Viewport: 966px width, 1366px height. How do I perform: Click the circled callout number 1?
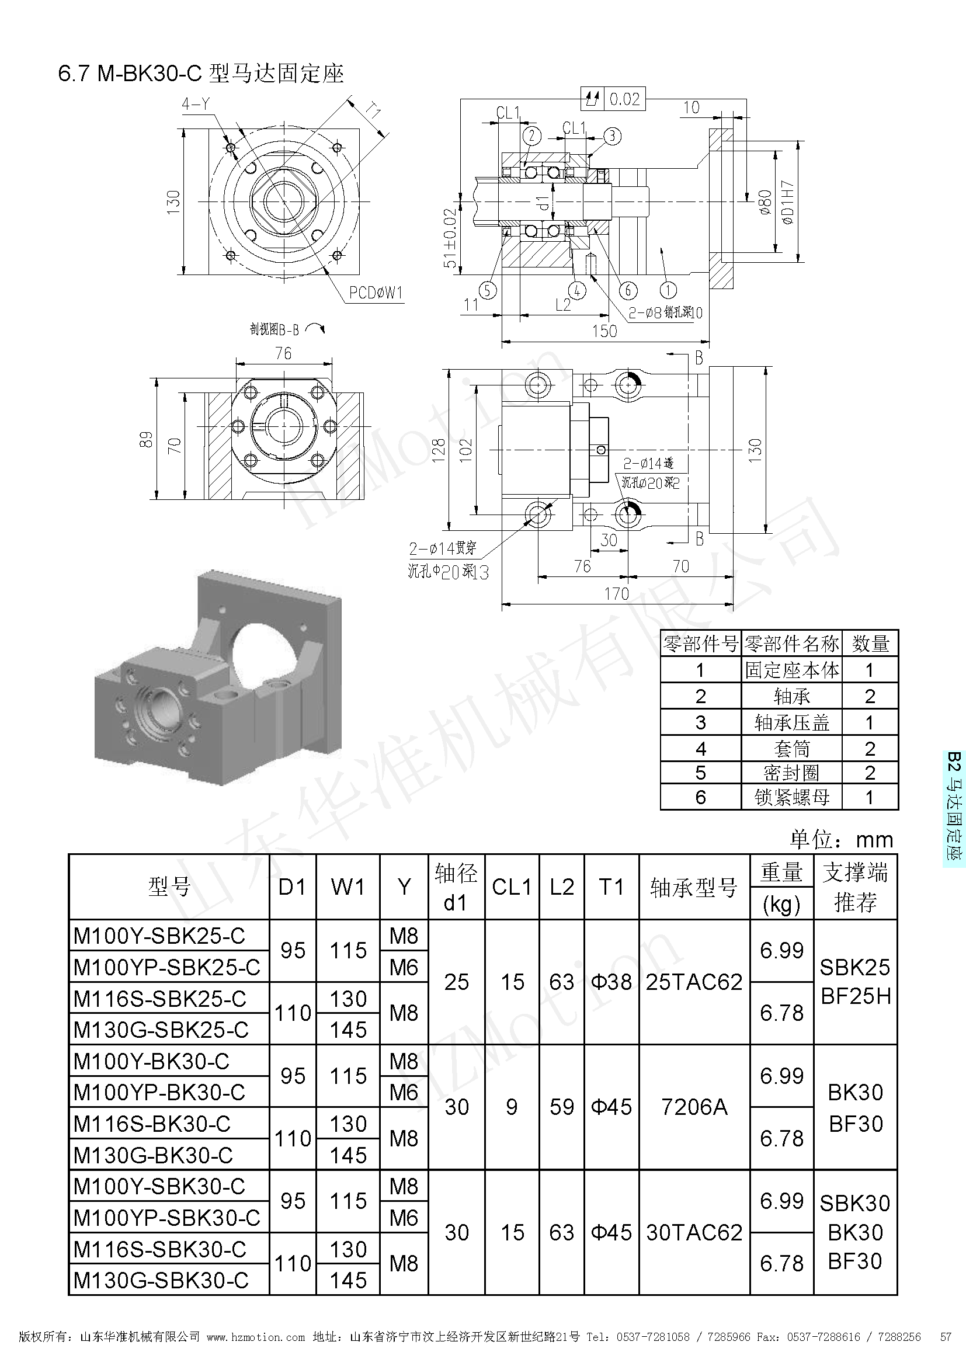click(x=668, y=290)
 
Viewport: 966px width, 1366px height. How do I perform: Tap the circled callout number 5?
click(x=487, y=290)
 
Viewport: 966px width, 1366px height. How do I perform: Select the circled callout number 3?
click(x=612, y=136)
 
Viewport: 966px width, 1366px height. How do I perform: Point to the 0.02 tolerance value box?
click(x=624, y=99)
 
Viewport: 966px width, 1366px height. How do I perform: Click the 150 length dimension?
click(x=604, y=331)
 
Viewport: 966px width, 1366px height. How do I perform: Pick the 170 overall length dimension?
click(x=616, y=594)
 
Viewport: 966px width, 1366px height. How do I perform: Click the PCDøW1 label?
click(x=376, y=293)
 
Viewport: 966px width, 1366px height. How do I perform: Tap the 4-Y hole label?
click(x=196, y=105)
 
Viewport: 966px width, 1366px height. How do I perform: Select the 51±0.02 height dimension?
click(x=450, y=238)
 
